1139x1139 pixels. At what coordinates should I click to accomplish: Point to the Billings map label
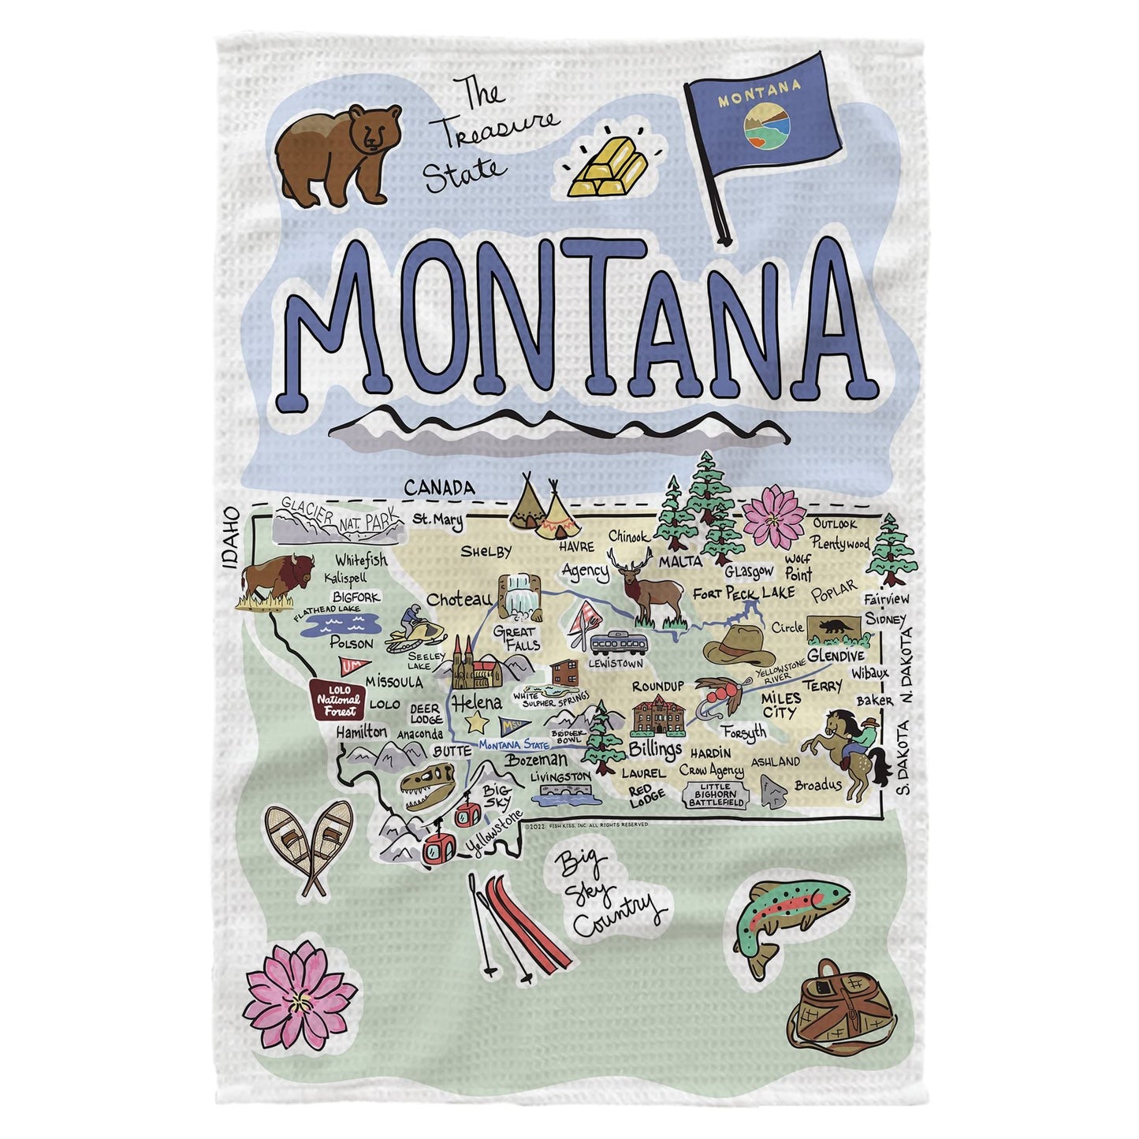tap(655, 748)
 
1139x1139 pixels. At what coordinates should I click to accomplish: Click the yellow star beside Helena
tap(475, 721)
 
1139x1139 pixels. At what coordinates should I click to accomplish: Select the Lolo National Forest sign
tap(337, 698)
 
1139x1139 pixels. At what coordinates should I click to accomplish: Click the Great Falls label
tap(517, 638)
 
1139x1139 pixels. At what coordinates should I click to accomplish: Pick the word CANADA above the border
tap(439, 489)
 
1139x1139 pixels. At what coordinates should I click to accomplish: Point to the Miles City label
tap(780, 705)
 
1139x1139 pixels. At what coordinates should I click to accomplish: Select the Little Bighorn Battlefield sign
tap(716, 795)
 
